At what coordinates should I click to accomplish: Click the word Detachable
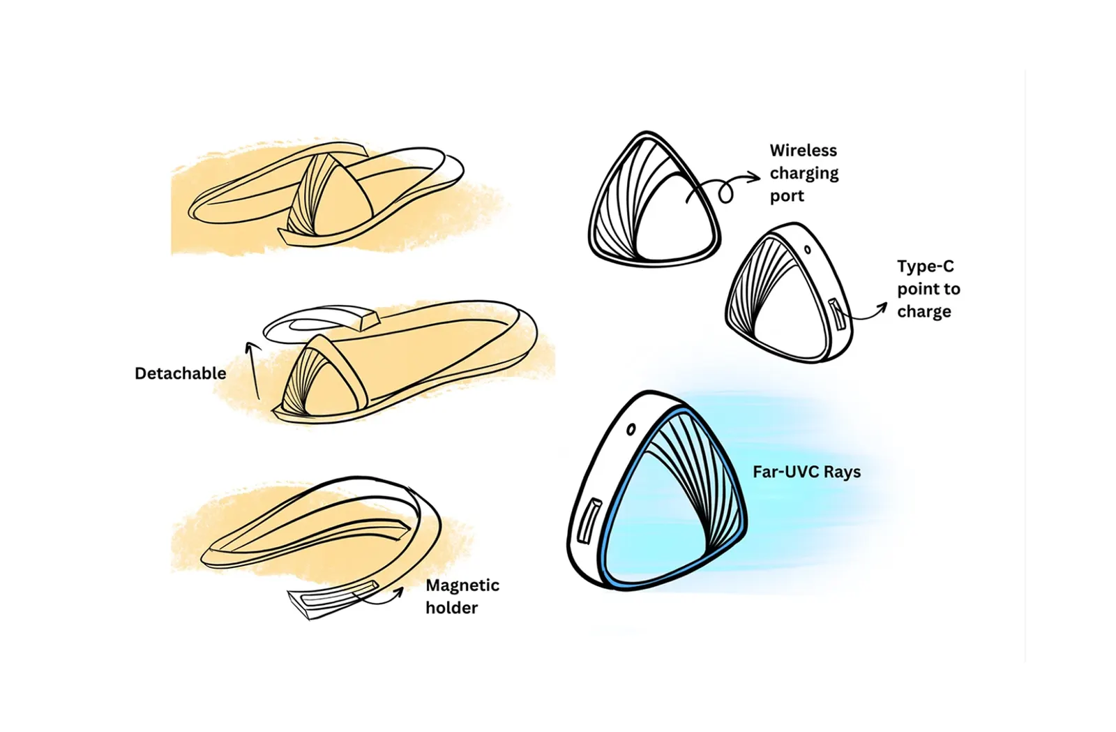click(x=181, y=374)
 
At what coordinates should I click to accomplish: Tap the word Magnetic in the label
click(x=462, y=585)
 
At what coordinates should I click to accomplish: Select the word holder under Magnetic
click(x=451, y=608)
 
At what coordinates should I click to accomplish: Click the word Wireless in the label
click(x=803, y=151)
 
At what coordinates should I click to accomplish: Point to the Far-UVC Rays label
click(x=806, y=472)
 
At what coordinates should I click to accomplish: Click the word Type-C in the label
click(x=925, y=267)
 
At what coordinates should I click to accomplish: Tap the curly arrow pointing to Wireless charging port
click(x=723, y=188)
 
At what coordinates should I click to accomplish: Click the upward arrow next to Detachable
click(x=253, y=371)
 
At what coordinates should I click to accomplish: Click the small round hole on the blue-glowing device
click(x=631, y=429)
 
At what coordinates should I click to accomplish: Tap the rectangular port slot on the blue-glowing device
click(x=588, y=521)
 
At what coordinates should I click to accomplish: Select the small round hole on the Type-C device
click(x=808, y=250)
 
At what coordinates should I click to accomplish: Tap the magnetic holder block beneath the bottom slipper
click(x=332, y=599)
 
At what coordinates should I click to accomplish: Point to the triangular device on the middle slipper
click(x=322, y=376)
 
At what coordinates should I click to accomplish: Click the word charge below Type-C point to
click(x=924, y=312)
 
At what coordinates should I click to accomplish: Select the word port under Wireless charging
click(x=787, y=196)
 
